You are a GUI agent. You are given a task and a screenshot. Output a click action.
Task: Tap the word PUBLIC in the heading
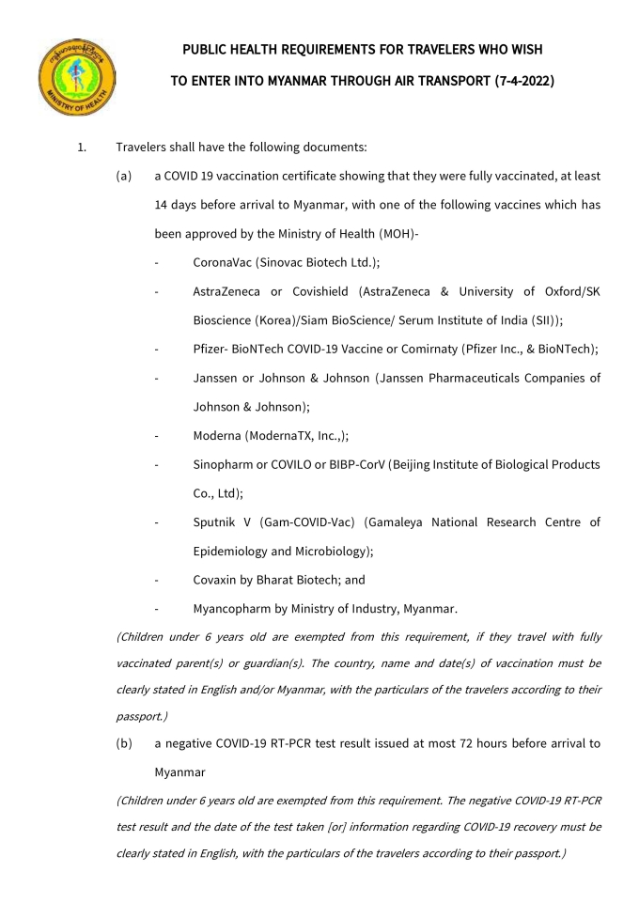point(207,48)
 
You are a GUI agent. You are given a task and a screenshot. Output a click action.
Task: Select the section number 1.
point(82,147)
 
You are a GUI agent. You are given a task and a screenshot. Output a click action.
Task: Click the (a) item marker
point(124,176)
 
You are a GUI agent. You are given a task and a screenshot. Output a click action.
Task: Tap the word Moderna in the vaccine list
point(218,436)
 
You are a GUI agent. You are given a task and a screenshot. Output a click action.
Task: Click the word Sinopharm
point(226,464)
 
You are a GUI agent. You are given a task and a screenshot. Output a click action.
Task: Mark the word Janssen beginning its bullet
point(217,378)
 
